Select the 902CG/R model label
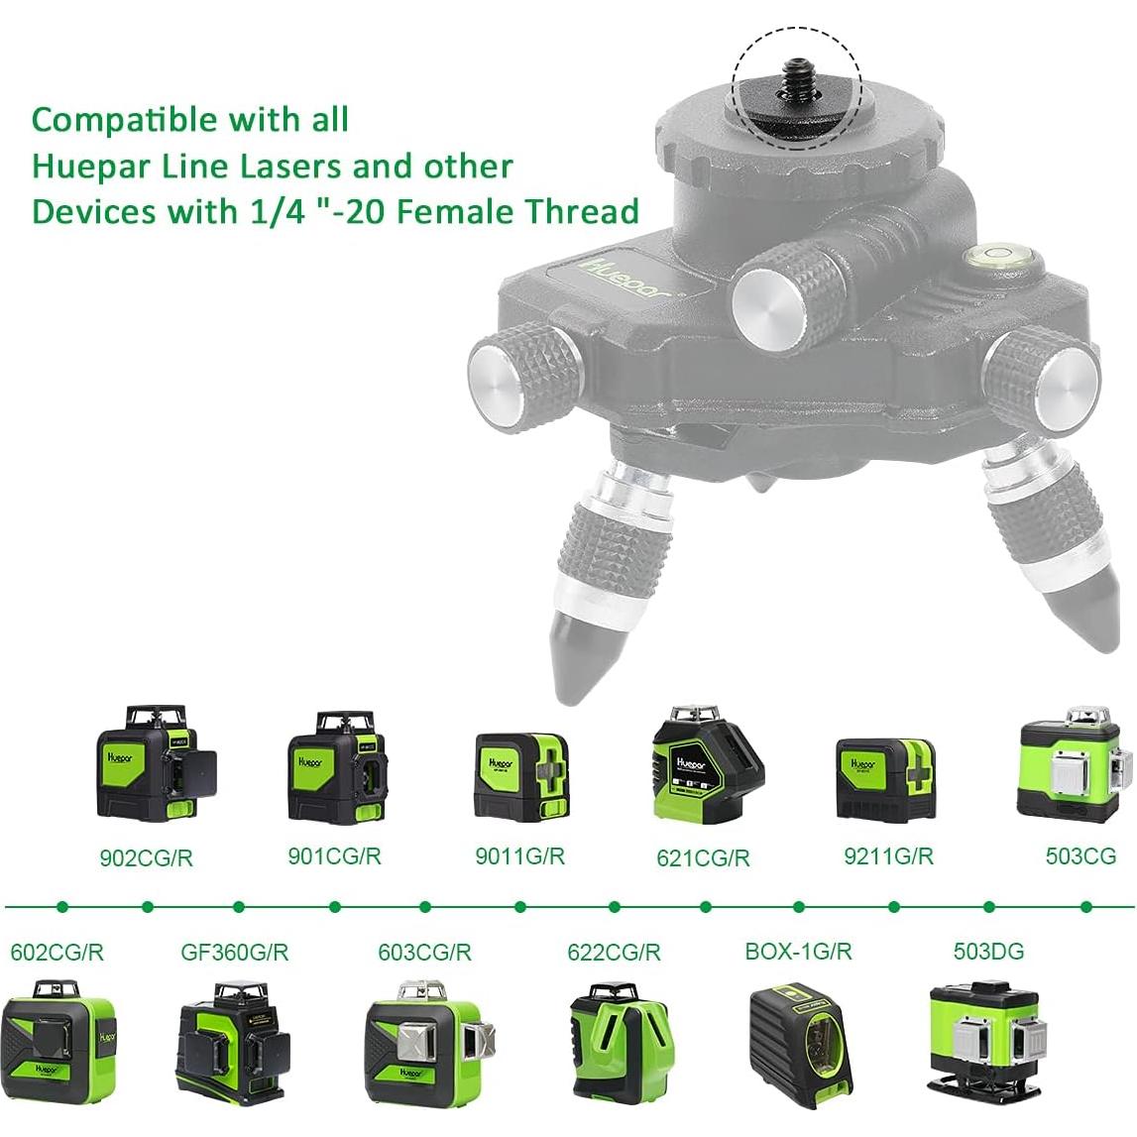(147, 858)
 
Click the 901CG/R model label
(334, 855)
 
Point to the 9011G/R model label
(519, 855)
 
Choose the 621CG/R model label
(703, 858)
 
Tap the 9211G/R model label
(888, 855)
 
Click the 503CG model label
(1080, 855)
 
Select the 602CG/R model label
(57, 953)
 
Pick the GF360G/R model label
(234, 953)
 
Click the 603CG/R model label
(424, 953)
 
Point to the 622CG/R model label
(614, 953)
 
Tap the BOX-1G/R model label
(798, 952)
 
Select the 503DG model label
(988, 952)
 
